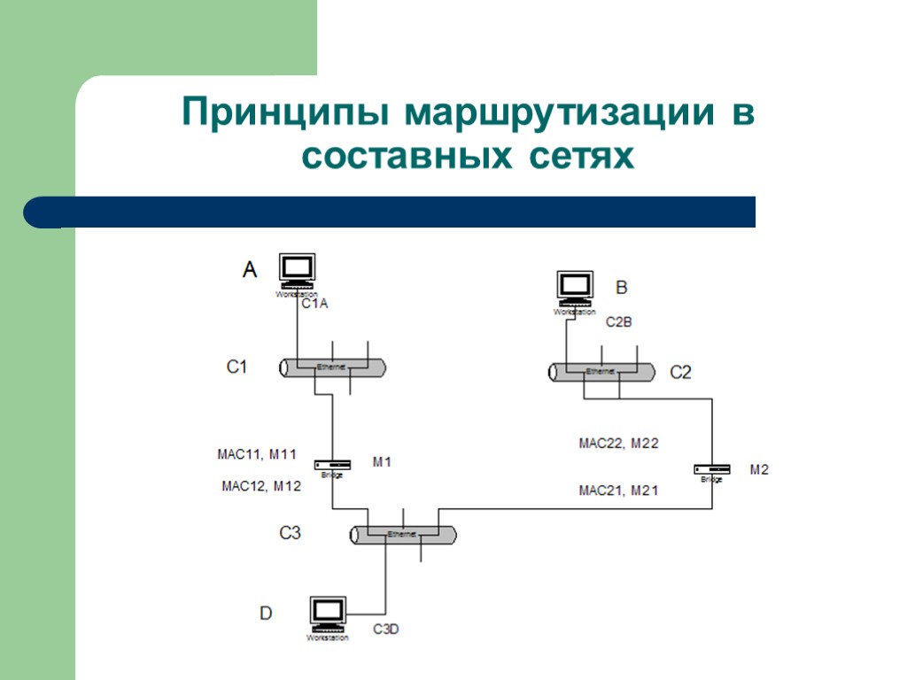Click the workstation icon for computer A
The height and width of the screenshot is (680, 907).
[297, 269]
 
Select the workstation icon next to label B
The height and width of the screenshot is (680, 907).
[575, 287]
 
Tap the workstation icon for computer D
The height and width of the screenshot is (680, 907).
[328, 613]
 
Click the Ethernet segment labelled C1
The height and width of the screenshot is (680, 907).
[333, 367]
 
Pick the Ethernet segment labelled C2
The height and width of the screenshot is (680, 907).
[601, 372]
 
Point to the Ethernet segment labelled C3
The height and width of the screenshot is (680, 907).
[403, 535]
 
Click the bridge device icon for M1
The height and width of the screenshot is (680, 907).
[332, 465]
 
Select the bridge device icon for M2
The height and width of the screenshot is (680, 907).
[712, 469]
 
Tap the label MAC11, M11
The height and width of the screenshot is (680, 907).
[256, 455]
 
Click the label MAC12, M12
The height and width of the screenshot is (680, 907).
[260, 485]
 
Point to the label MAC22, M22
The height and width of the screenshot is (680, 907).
[618, 443]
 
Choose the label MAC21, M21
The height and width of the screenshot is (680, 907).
[618, 490]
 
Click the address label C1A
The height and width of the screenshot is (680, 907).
[315, 304]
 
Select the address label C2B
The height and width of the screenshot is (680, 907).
[618, 322]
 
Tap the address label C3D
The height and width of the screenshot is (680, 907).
[386, 630]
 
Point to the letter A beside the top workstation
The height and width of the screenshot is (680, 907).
[250, 269]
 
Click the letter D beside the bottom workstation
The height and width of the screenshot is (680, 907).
[266, 613]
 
